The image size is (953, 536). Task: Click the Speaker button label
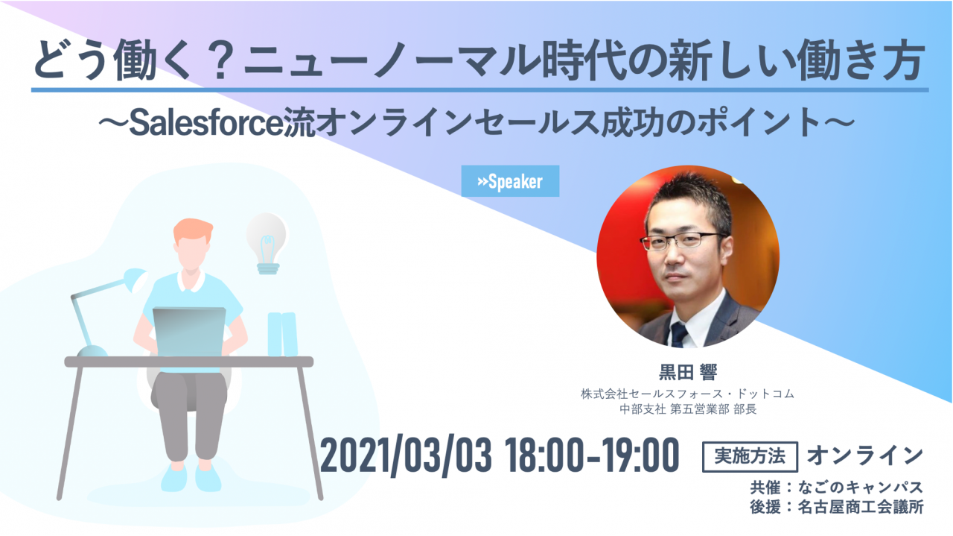(510, 181)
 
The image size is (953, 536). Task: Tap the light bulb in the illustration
(267, 243)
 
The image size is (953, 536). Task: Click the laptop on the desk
(190, 332)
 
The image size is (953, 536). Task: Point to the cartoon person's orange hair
(192, 230)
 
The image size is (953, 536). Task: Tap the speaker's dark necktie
(679, 335)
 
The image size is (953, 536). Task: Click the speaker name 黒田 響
(688, 372)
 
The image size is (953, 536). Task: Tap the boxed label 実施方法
(750, 457)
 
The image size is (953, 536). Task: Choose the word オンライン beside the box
(864, 455)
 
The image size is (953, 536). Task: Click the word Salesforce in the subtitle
(206, 124)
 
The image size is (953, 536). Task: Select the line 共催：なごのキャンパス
(836, 487)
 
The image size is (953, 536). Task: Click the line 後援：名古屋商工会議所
(836, 507)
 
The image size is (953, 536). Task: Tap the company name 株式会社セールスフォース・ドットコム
(688, 394)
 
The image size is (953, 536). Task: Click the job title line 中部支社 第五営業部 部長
(688, 409)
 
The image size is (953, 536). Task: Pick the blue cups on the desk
(282, 335)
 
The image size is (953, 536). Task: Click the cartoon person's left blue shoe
(174, 477)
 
